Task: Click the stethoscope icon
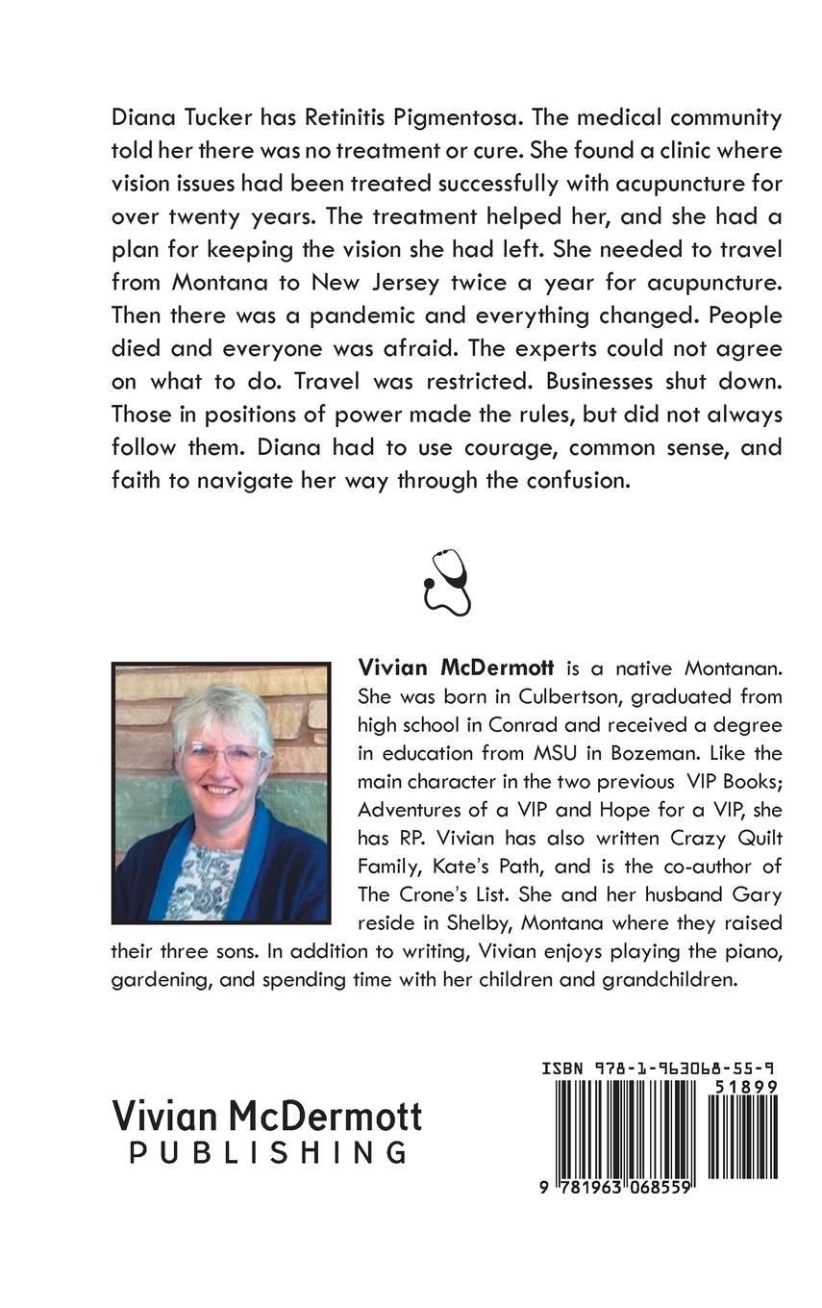[x=446, y=582]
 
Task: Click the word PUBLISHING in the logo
[x=268, y=1152]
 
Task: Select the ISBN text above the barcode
[x=659, y=1068]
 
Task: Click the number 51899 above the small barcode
[x=745, y=1086]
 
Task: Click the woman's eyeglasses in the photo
[x=222, y=752]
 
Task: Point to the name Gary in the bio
[x=759, y=893]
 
